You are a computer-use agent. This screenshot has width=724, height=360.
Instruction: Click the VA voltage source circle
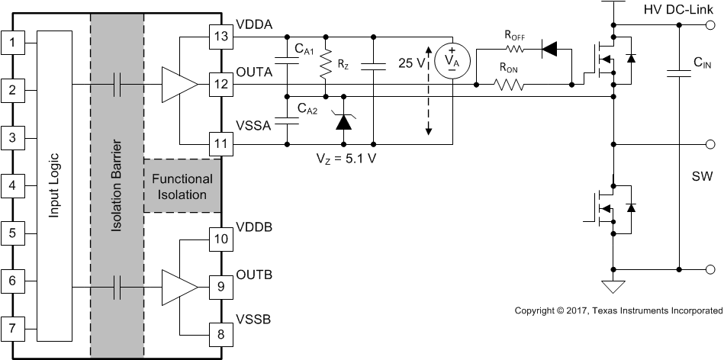tap(452, 59)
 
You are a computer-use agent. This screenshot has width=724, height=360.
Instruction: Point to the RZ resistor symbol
tap(327, 67)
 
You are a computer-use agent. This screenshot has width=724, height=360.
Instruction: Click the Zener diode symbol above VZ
tap(343, 119)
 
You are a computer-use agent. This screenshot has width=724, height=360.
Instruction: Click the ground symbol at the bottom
tap(613, 287)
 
